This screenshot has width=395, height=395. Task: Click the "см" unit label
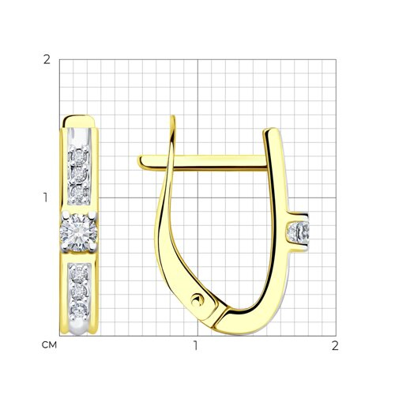49,344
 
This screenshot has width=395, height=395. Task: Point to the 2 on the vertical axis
47,60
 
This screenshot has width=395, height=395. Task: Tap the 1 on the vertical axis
46,197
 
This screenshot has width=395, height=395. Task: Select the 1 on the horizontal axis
195,345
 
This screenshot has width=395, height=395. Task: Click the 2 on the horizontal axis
335,345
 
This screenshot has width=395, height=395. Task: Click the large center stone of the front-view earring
79,232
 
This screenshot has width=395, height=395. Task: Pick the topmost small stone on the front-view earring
79,157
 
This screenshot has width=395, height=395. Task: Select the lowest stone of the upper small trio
79,194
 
